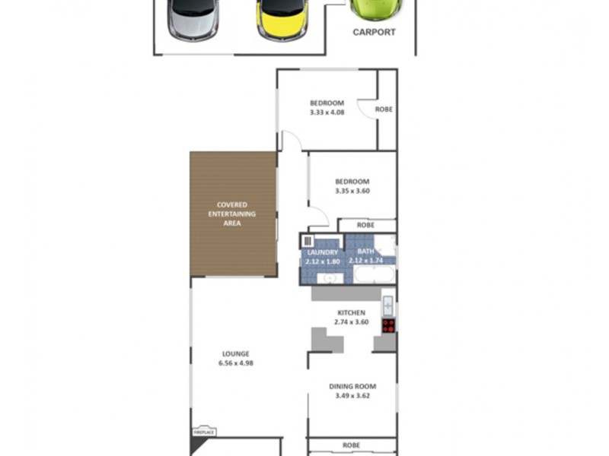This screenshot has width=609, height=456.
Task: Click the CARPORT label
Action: (x=374, y=33)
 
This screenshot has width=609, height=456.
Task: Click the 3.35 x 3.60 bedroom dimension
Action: (x=351, y=191)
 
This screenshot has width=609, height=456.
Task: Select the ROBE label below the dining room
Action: (x=351, y=445)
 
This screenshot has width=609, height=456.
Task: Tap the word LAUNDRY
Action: (x=322, y=252)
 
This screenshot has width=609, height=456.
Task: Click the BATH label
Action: (x=366, y=252)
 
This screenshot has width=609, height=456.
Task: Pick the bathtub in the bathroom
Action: (x=372, y=274)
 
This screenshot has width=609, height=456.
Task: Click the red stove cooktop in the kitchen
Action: (x=388, y=325)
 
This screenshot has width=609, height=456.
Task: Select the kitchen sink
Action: (x=388, y=306)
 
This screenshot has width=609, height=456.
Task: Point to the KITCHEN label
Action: (x=351, y=312)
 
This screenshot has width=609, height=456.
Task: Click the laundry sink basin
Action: (x=330, y=277)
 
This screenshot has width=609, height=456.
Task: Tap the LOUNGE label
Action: (x=235, y=353)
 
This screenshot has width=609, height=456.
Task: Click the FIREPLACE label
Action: (x=204, y=432)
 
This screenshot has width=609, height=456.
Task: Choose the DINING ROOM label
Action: (x=352, y=386)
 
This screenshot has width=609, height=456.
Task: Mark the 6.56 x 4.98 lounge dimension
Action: (x=235, y=363)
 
